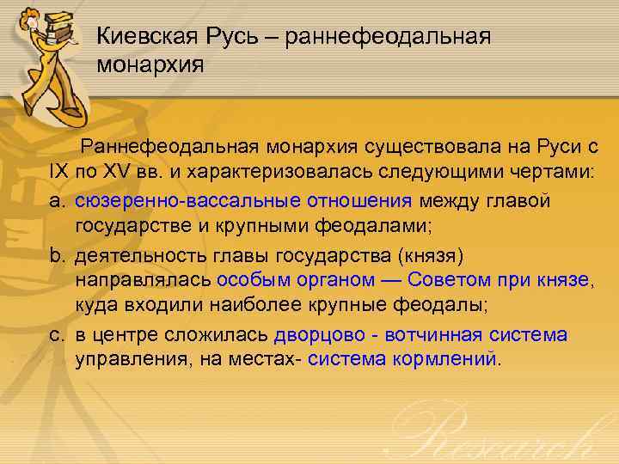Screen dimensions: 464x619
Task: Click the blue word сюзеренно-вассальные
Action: click(187, 200)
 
